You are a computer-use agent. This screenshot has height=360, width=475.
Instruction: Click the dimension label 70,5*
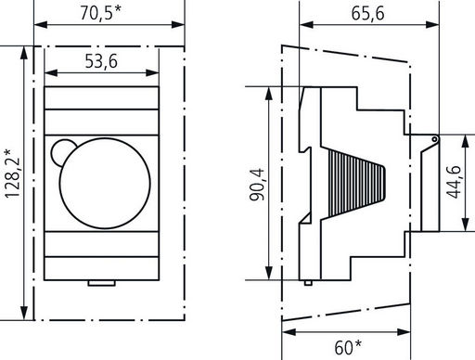(x=101, y=13)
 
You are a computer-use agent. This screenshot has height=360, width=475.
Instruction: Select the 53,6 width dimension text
(x=101, y=61)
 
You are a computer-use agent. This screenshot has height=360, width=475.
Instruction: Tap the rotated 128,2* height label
(x=12, y=174)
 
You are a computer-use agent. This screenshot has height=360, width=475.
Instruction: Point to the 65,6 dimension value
(x=367, y=13)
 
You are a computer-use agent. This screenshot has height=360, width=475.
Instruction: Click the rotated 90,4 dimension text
(x=257, y=185)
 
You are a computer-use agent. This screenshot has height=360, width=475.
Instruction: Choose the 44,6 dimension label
(x=454, y=182)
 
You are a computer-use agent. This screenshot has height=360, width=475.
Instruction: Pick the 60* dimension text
(x=348, y=347)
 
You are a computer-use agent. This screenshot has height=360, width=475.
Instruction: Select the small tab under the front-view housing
(x=102, y=283)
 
